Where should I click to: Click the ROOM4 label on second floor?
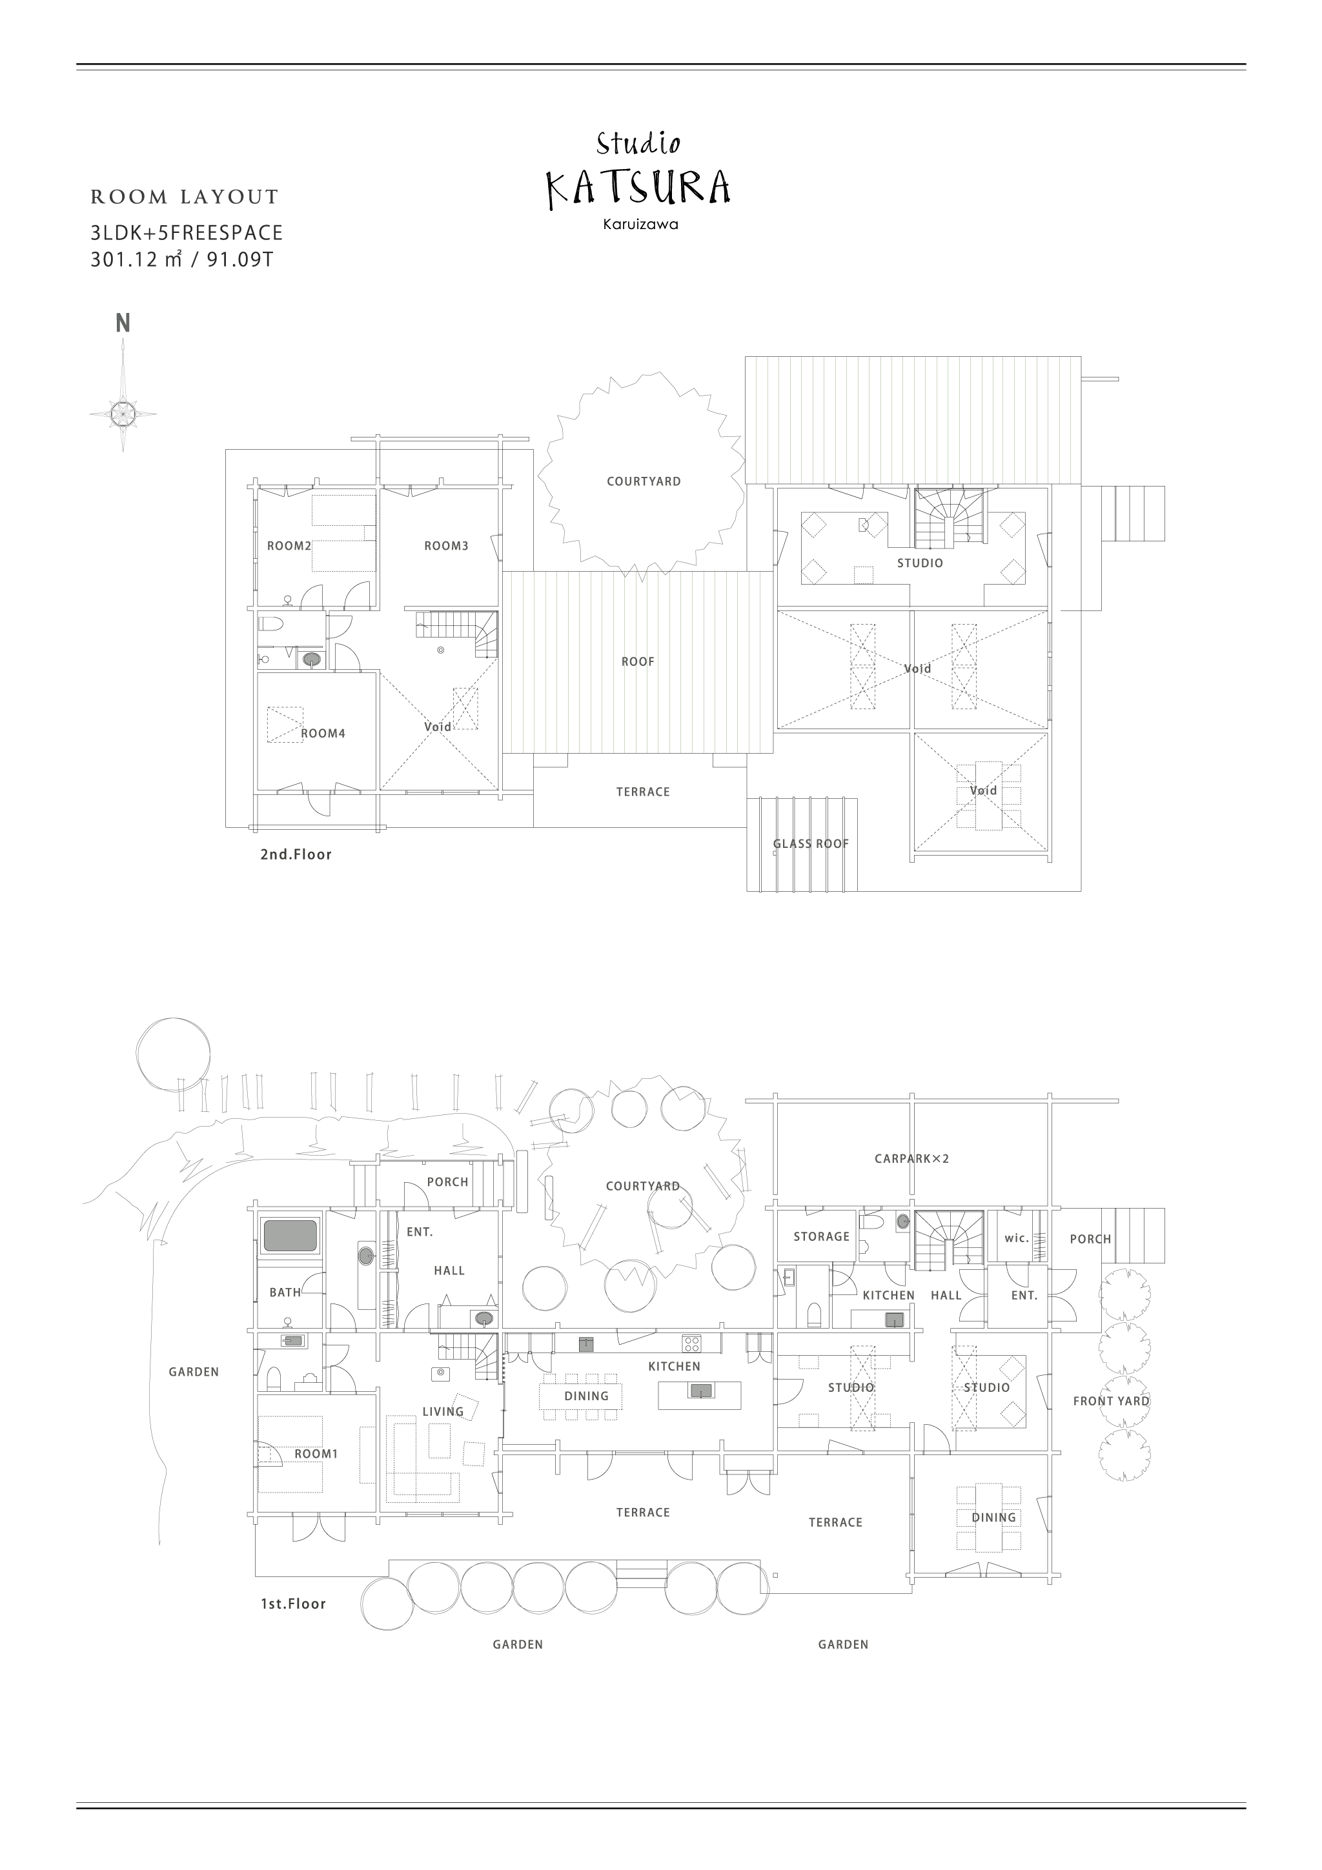[x=323, y=733]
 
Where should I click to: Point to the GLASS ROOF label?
[x=811, y=844]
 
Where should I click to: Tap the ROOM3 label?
[x=446, y=546]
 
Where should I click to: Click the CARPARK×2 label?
[x=912, y=1158]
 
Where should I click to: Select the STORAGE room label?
[x=822, y=1236]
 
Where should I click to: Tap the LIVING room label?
[x=443, y=1411]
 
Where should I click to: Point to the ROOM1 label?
[x=316, y=1454]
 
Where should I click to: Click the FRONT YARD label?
[x=1112, y=1401]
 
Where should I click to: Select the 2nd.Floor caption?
[x=296, y=854]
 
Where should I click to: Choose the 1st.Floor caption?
[x=293, y=1604]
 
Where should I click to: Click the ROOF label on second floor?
[x=638, y=661]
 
